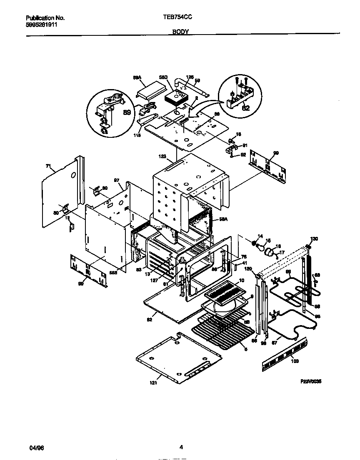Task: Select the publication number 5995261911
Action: tap(42, 25)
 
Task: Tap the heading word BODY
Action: tap(181, 32)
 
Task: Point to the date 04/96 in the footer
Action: tap(37, 448)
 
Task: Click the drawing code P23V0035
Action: tap(311, 381)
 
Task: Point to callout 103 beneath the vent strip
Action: tap(295, 361)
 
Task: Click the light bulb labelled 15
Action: tap(261, 249)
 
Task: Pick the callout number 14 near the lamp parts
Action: tap(260, 236)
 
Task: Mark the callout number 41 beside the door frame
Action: tap(244, 263)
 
